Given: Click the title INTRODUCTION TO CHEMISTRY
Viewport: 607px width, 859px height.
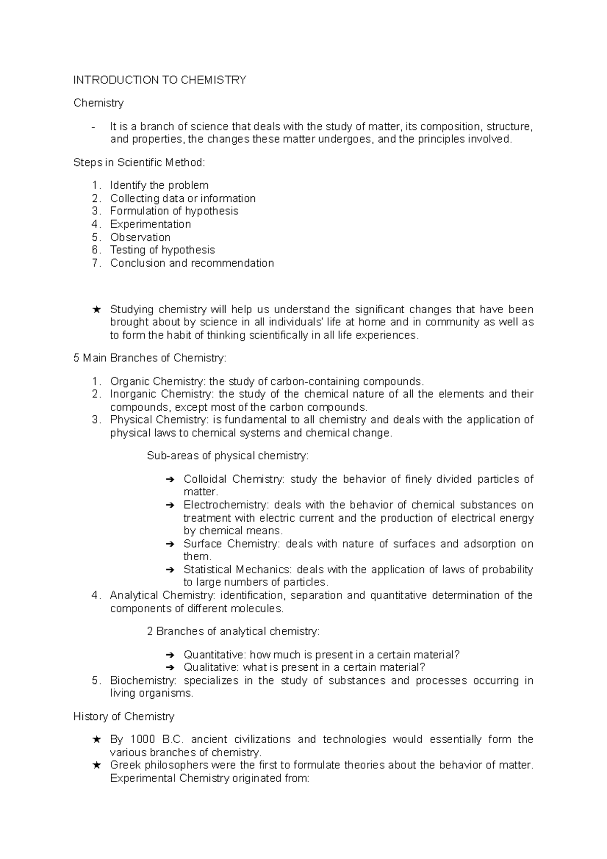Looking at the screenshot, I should tap(160, 80).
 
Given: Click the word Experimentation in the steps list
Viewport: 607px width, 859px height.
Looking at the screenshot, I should tap(150, 224).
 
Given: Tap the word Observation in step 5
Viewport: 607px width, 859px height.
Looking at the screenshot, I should tap(140, 237).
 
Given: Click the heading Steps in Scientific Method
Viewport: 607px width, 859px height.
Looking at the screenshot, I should tap(139, 162).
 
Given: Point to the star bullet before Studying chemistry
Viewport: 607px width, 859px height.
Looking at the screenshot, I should tap(97, 309).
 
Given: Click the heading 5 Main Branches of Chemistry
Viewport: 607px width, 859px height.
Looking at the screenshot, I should tap(150, 358).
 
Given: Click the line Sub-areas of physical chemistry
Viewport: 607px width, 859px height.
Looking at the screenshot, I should tap(227, 456).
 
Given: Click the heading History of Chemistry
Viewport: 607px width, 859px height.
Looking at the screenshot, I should tap(123, 716).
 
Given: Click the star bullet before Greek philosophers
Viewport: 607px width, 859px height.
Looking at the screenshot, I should tap(97, 765).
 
